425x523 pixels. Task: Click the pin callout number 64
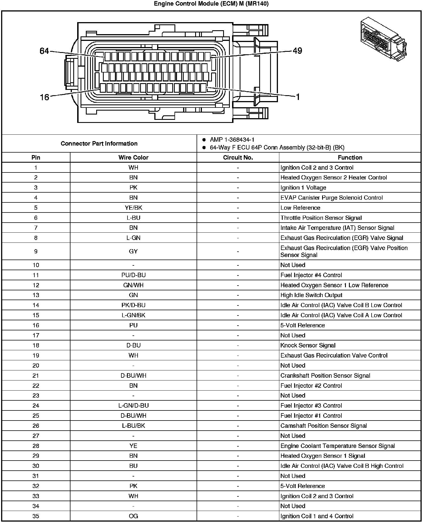(44, 51)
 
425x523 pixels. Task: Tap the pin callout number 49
(297, 51)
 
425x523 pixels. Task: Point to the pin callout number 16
(44, 97)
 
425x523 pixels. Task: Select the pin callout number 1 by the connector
(298, 97)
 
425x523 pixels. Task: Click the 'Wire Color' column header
(133, 157)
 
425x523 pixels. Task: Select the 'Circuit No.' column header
(238, 157)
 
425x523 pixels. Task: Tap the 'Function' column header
(350, 157)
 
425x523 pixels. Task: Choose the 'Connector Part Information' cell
(99, 143)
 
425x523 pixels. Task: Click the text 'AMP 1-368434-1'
(232, 139)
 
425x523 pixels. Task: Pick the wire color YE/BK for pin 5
(133, 208)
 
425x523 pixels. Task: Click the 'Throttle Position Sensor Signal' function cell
(321, 218)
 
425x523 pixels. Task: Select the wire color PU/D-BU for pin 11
(133, 275)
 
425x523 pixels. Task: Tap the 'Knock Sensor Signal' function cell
(308, 345)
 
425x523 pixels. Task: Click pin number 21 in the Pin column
(36, 376)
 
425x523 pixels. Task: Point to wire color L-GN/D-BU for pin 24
(133, 406)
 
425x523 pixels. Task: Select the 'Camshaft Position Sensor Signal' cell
(324, 426)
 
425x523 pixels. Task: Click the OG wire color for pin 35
(133, 516)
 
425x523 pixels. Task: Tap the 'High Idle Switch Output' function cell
(311, 295)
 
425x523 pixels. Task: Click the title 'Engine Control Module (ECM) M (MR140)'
(211, 4)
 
